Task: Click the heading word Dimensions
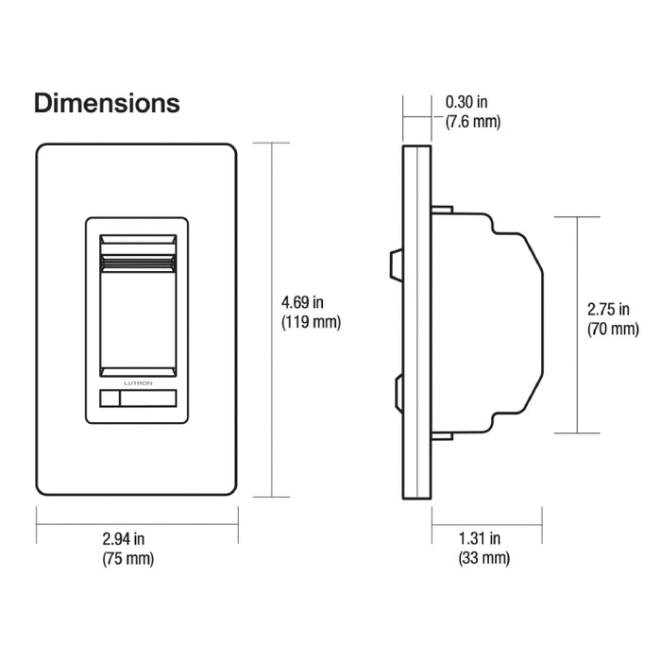click(107, 103)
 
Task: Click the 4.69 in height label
click(303, 303)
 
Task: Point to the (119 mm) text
click(311, 322)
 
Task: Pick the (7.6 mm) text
click(472, 122)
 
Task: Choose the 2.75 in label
click(607, 310)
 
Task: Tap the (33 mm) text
click(483, 558)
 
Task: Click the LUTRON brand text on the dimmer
click(137, 383)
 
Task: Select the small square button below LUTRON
click(109, 399)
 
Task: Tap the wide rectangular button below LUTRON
click(147, 399)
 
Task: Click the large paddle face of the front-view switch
click(137, 316)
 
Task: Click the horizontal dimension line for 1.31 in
click(486, 518)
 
